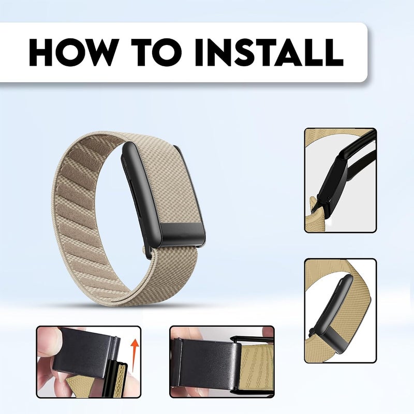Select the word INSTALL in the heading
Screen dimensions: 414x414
click(x=269, y=52)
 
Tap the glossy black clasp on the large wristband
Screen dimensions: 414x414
click(x=183, y=233)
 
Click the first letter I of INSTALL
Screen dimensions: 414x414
click(x=199, y=52)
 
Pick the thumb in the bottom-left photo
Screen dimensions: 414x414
click(x=49, y=341)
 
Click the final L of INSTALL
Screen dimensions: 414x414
click(x=334, y=52)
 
